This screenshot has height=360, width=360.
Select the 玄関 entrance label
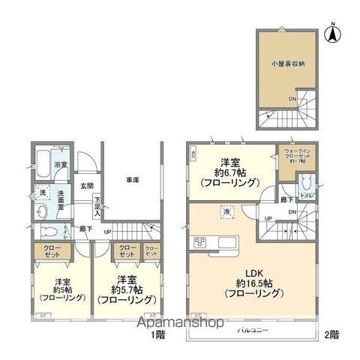(x=86, y=186)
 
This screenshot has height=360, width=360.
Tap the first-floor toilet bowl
(x=43, y=232)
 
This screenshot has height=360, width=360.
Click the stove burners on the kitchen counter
(x=200, y=241)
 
